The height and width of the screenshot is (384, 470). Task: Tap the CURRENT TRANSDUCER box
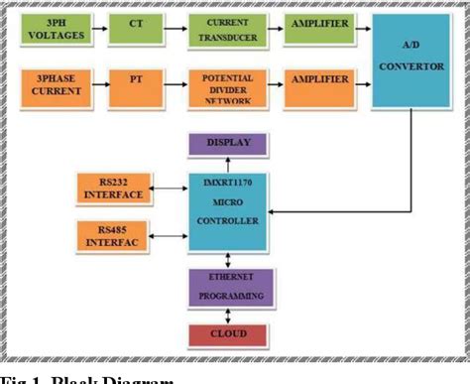tap(230, 29)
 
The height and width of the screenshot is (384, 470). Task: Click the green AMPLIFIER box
tap(318, 29)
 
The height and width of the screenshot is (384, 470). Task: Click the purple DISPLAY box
tap(229, 145)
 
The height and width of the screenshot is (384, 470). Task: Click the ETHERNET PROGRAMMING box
tap(229, 288)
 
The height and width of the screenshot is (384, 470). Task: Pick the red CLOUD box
tap(229, 333)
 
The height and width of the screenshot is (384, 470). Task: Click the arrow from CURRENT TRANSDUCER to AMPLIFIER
tap(274, 29)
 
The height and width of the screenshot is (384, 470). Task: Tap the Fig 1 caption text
tap(89, 378)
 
